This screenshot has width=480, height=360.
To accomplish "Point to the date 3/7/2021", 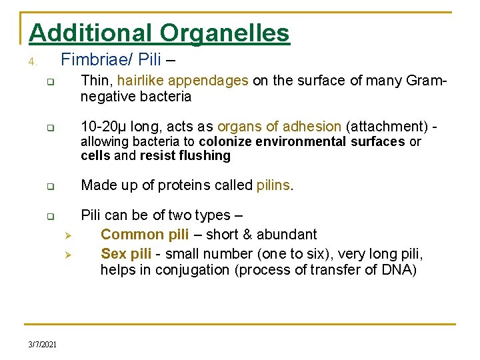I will point(43,344).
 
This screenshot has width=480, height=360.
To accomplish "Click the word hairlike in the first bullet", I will point(141,81).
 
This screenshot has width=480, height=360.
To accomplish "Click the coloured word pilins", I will point(273,185).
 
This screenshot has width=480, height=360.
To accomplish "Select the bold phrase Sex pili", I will point(126,254).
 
